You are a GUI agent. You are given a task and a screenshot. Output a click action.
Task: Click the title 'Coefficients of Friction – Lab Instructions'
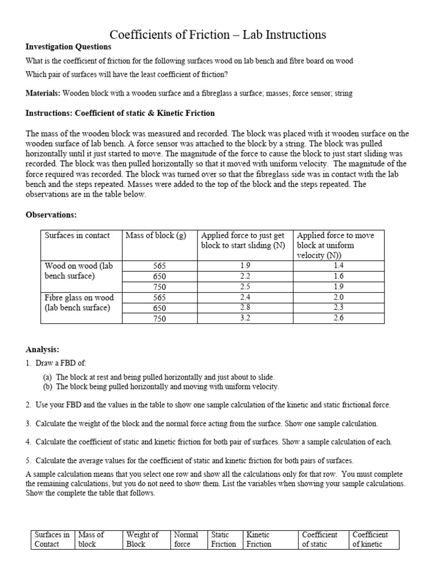pyautogui.click(x=217, y=35)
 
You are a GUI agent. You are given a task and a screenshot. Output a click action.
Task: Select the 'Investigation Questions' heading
pyautogui.click(x=68, y=47)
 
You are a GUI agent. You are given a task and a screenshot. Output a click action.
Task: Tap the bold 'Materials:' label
pyautogui.click(x=43, y=93)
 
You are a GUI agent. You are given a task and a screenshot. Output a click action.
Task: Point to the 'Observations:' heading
pyautogui.click(x=51, y=215)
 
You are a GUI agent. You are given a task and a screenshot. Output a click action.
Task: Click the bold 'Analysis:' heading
pyautogui.click(x=43, y=349)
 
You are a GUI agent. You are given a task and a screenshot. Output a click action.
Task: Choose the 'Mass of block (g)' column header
pyautogui.click(x=156, y=236)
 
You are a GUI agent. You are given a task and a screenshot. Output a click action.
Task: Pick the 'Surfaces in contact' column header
pyautogui.click(x=77, y=236)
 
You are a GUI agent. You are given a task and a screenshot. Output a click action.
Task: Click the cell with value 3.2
pyautogui.click(x=245, y=318)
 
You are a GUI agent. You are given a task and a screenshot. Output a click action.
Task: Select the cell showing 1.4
pyautogui.click(x=338, y=265)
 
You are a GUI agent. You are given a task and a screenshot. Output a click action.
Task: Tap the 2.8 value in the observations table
pyautogui.click(x=245, y=307)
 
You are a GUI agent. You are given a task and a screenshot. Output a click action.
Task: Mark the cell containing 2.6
pyautogui.click(x=338, y=318)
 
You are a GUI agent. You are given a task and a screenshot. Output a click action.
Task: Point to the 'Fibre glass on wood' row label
pyautogui.click(x=79, y=302)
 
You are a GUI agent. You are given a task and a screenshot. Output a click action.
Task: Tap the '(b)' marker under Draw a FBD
pyautogui.click(x=47, y=387)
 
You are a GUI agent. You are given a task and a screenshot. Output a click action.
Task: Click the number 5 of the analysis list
pyautogui.click(x=28, y=460)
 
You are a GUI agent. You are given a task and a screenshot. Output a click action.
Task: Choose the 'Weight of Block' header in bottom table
pyautogui.click(x=142, y=539)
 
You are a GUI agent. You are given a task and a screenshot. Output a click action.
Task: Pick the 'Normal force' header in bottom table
pyautogui.click(x=186, y=539)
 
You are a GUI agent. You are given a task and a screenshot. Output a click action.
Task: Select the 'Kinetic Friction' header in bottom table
pyautogui.click(x=258, y=539)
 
